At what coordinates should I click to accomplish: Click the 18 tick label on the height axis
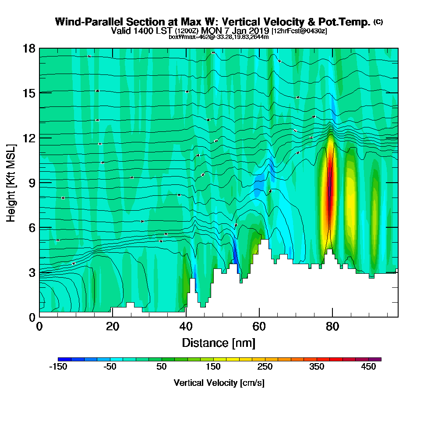29,48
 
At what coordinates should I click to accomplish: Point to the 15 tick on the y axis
29,93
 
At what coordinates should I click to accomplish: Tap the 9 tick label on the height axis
32,183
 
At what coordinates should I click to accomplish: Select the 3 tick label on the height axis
32,272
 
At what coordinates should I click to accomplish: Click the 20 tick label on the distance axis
113,327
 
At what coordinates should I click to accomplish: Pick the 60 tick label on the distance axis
259,327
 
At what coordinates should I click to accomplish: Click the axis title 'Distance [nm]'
219,342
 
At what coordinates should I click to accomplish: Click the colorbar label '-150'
58,367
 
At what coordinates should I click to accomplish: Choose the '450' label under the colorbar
368,367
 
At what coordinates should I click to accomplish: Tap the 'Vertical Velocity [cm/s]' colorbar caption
219,383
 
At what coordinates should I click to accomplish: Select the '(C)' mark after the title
378,22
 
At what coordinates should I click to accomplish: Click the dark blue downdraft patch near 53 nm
235,254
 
